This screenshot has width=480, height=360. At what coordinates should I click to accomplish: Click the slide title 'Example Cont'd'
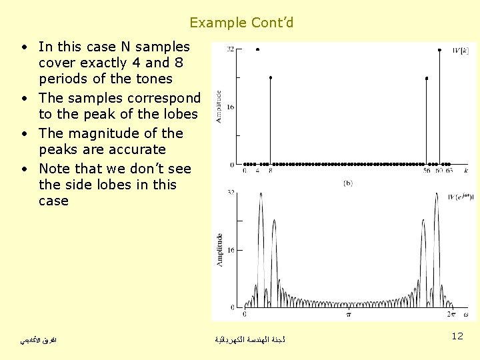pyautogui.click(x=241, y=23)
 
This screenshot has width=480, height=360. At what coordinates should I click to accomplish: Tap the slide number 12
pyautogui.click(x=457, y=336)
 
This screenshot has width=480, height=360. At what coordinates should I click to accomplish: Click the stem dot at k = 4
pyautogui.click(x=257, y=50)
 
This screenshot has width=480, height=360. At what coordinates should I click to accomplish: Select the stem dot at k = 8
pyautogui.click(x=270, y=77)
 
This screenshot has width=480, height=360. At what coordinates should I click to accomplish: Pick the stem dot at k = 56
pyautogui.click(x=426, y=78)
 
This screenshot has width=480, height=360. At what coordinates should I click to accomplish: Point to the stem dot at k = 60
pyautogui.click(x=439, y=50)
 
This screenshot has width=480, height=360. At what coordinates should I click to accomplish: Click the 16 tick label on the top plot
pyautogui.click(x=229, y=107)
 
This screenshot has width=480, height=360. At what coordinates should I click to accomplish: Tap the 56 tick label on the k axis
pyautogui.click(x=426, y=171)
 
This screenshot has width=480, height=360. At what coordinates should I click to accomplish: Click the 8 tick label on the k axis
pyautogui.click(x=270, y=171)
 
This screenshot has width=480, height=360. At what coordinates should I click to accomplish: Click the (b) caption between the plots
pyautogui.click(x=347, y=182)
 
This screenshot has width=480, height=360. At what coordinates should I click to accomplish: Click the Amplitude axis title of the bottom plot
pyautogui.click(x=219, y=250)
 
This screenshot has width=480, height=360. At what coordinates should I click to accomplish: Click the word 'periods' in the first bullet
pyautogui.click(x=63, y=79)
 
